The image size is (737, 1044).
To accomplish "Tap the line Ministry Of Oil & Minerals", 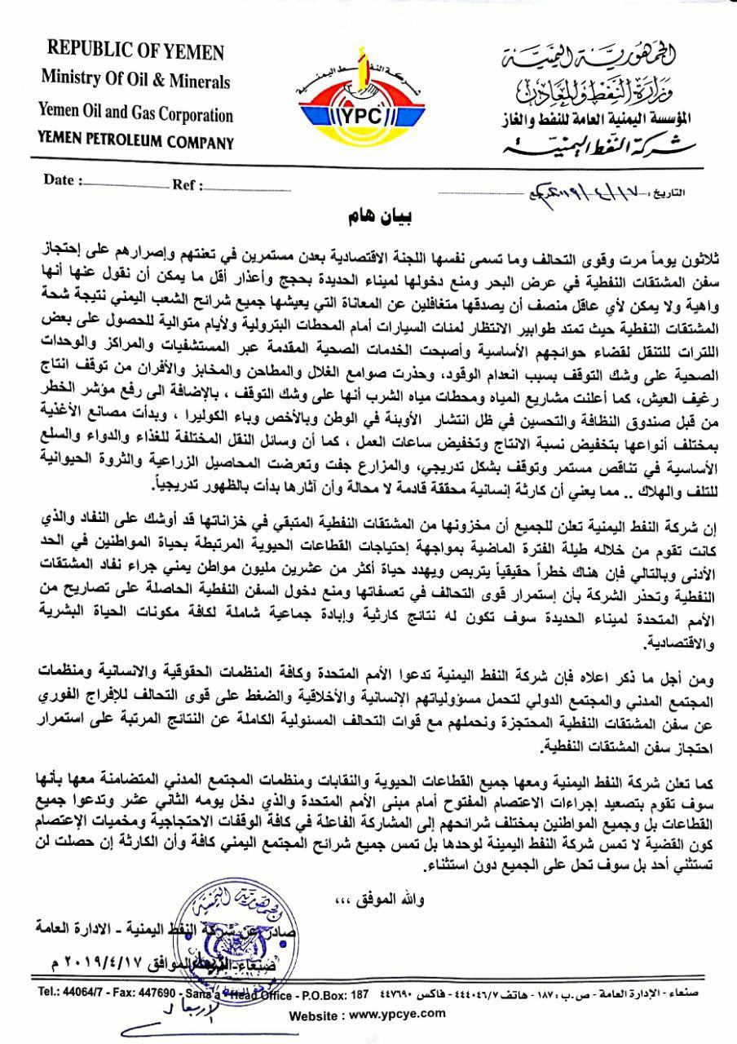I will pos(135,82).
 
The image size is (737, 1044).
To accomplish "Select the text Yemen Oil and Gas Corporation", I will pos(137,115).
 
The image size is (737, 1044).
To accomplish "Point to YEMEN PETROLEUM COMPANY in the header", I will pos(136,143).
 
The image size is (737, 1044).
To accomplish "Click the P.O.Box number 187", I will pos(358,992).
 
